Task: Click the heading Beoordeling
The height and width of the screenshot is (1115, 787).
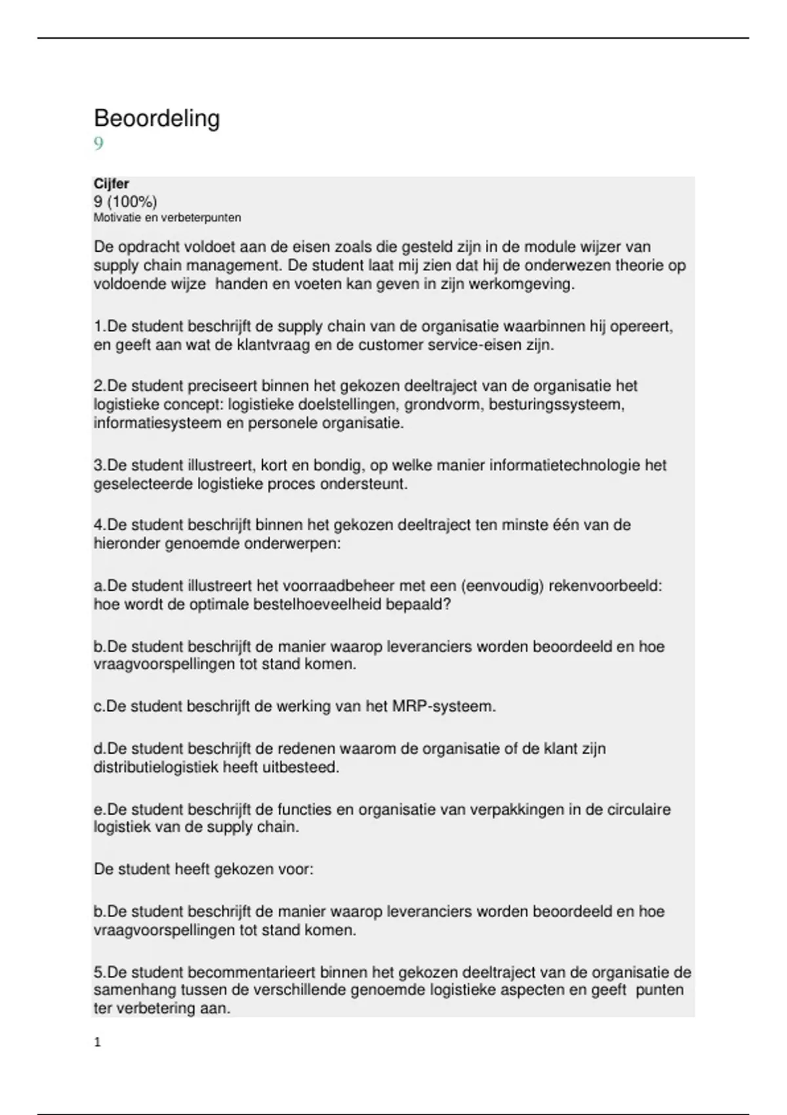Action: [x=157, y=119]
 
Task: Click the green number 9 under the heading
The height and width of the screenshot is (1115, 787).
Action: [x=98, y=144]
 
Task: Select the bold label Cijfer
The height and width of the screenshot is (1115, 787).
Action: [x=111, y=184]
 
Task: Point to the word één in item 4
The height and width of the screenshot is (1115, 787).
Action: [x=578, y=525]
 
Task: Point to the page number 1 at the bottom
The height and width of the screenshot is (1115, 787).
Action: [x=98, y=1042]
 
